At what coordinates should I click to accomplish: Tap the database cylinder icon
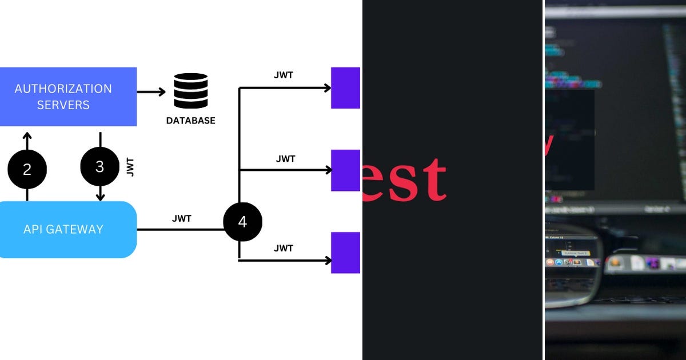pos(190,91)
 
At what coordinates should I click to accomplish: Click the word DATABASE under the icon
pos(190,121)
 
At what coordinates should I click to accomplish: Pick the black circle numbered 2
pos(27,170)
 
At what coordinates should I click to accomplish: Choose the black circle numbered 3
pos(100,167)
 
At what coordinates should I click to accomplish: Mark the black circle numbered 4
pos(242,222)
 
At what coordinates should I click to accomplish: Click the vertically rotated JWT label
pos(130,167)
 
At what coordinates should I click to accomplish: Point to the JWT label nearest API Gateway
pos(182,218)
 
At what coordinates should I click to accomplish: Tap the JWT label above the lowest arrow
pos(284,248)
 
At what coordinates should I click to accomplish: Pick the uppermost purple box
pos(345,87)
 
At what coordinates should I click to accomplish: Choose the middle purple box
pos(345,170)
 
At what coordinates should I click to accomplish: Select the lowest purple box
pos(345,253)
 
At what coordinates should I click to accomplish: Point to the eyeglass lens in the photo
pos(572,263)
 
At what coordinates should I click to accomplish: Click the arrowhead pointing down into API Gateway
pos(100,196)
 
